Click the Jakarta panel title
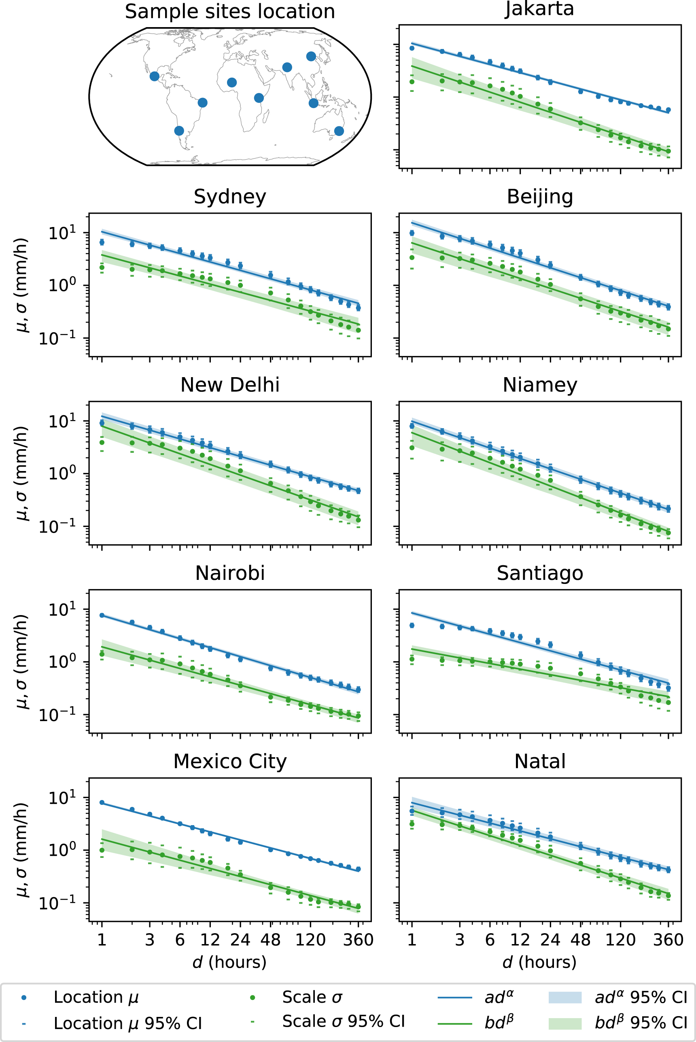click(539, 9)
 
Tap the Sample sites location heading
click(229, 12)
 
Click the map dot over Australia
click(339, 131)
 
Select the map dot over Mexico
click(155, 76)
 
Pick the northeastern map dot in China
click(311, 56)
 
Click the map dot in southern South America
click(179, 130)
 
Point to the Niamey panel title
click(539, 385)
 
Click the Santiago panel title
click(539, 573)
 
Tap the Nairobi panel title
click(229, 573)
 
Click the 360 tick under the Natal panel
click(668, 940)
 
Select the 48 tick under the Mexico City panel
click(270, 940)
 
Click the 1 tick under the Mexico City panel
click(102, 940)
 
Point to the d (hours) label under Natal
click(539, 962)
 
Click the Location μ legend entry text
click(96, 997)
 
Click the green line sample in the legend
click(454, 1024)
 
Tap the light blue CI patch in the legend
click(564, 997)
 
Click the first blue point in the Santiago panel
click(412, 625)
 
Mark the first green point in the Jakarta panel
click(412, 82)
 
